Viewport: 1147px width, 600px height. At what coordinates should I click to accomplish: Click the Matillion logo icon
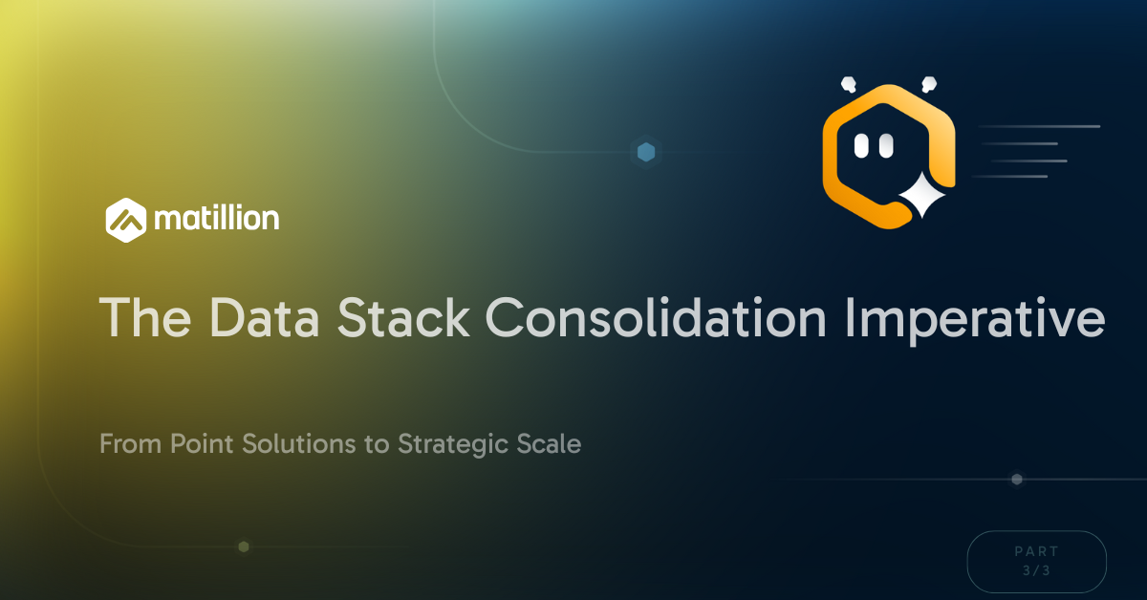pos(126,218)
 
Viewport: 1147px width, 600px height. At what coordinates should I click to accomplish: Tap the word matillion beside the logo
pos(216,219)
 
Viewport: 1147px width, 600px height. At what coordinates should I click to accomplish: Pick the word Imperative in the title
pos(994,318)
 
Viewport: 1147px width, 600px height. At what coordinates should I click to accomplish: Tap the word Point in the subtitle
pos(197,444)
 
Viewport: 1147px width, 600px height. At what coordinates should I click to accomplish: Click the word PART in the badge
pos(1037,551)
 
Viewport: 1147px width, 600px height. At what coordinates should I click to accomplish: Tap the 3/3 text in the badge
pos(1037,570)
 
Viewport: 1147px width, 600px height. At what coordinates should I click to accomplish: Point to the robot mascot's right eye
pos(886,145)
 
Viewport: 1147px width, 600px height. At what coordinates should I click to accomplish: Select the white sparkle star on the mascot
pos(922,198)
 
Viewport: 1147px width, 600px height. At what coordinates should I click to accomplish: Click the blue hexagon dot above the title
pos(646,151)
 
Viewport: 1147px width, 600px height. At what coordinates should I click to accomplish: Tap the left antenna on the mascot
pos(847,84)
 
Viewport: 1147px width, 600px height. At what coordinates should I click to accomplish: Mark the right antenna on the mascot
pos(926,84)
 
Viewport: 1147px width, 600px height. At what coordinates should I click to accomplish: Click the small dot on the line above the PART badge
pos(1017,479)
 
